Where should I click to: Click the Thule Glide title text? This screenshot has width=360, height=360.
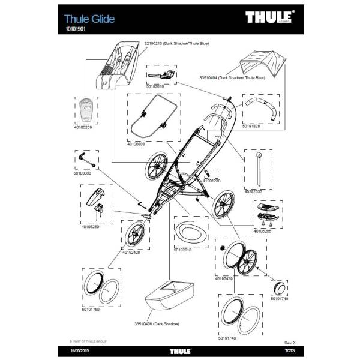89,19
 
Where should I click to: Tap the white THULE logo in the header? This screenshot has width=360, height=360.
268,17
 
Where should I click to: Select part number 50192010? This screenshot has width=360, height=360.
155,86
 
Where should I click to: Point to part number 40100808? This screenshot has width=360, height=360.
137,145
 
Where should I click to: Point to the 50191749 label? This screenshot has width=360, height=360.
280,299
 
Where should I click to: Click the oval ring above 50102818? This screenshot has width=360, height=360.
191,232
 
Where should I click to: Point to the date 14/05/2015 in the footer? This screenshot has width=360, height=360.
80,350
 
